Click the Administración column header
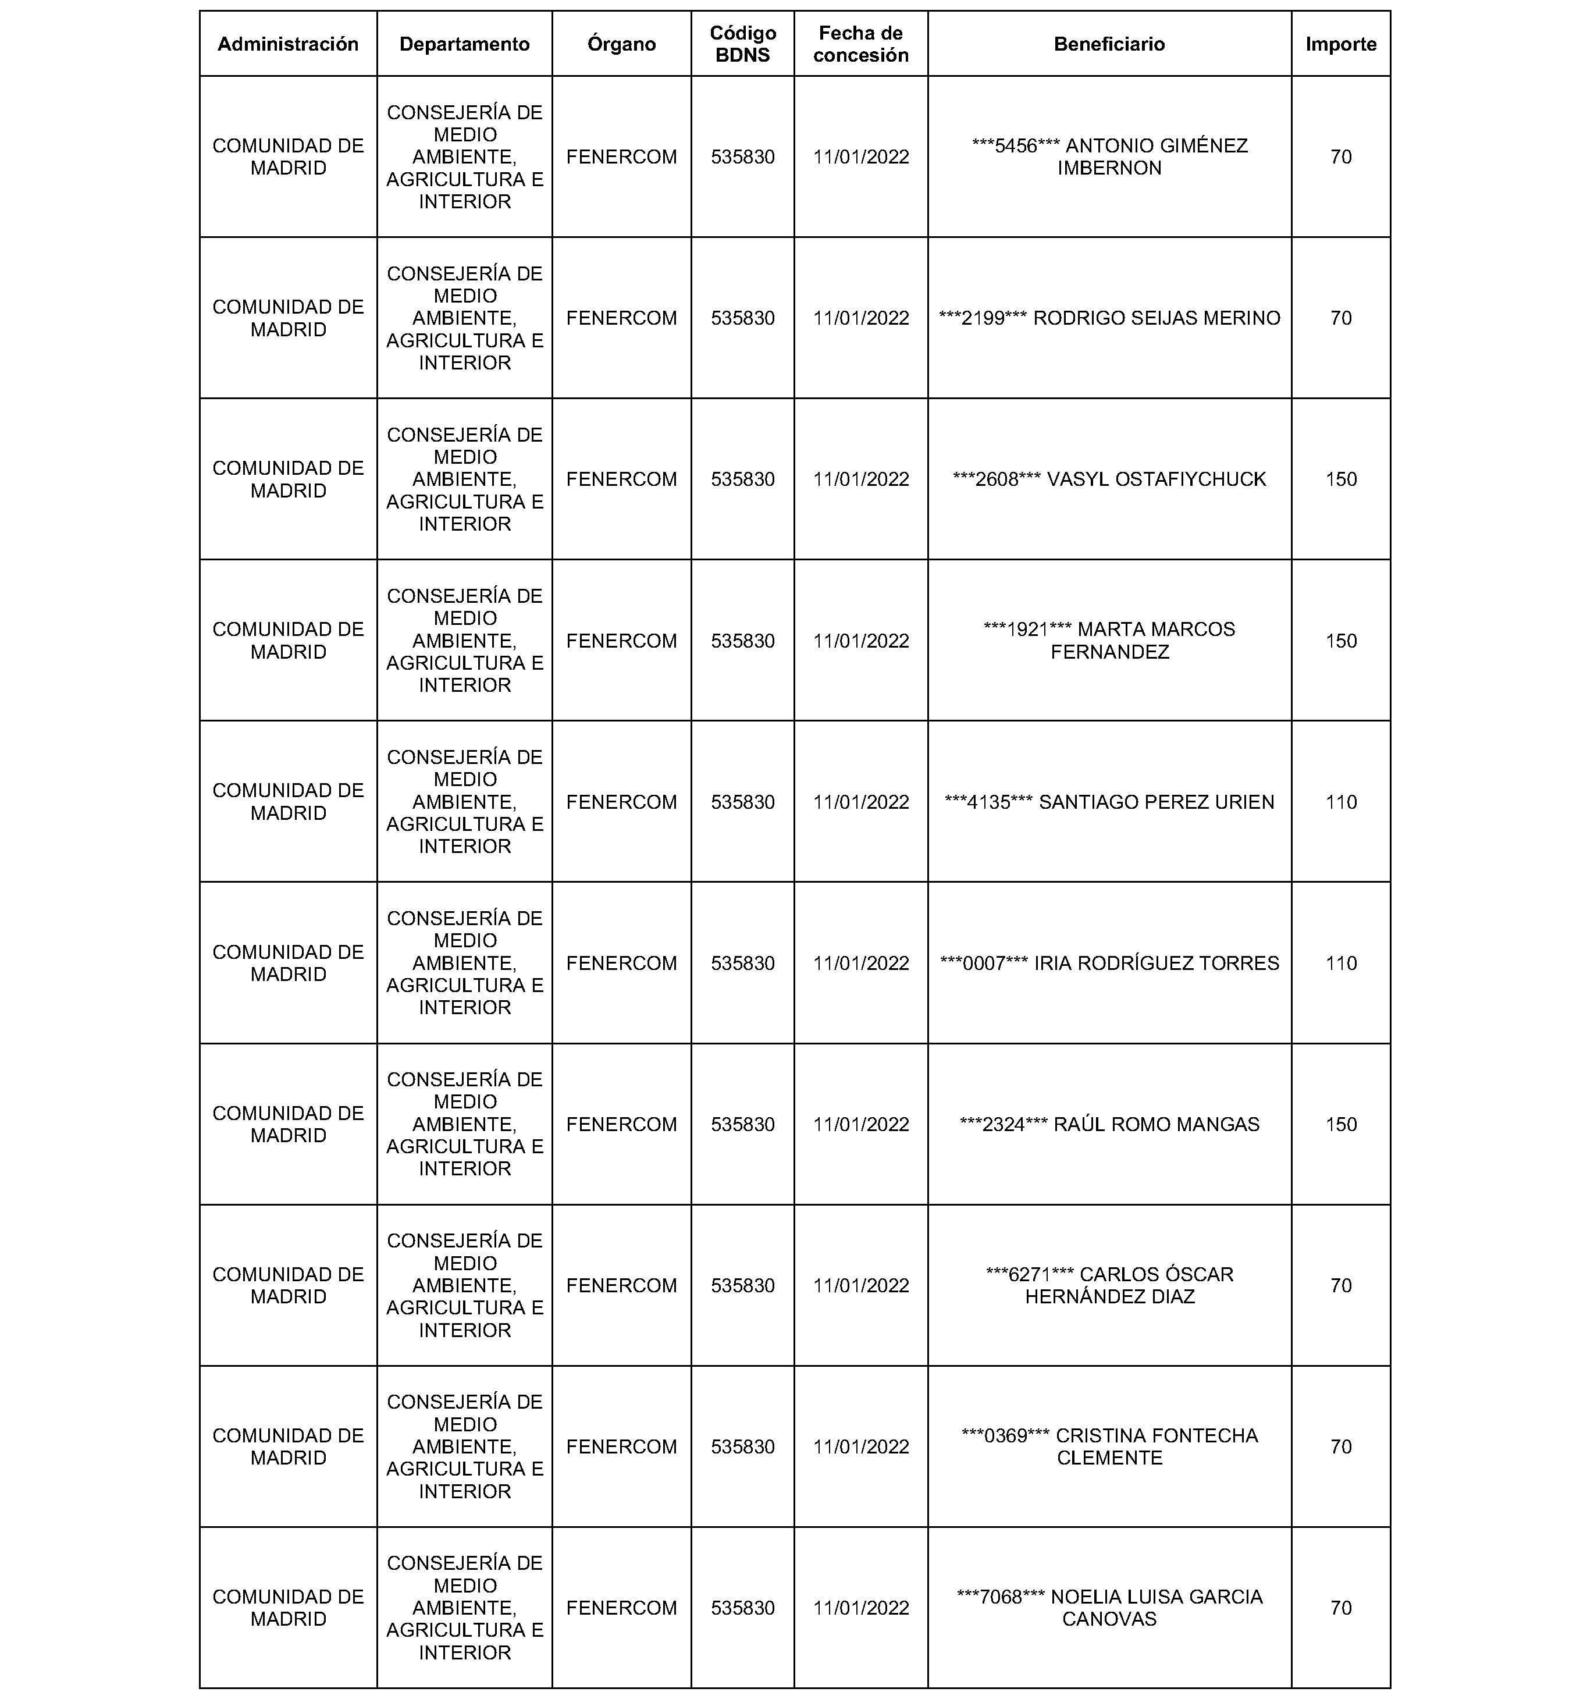coord(288,44)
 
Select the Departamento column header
coord(464,44)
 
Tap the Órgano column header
coord(621,44)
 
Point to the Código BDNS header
coord(743,44)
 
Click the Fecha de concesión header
coord(860,44)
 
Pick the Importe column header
coord(1340,44)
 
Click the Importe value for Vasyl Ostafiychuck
coord(1340,479)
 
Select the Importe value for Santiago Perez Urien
coord(1340,802)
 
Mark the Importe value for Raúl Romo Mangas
coord(1340,1124)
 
